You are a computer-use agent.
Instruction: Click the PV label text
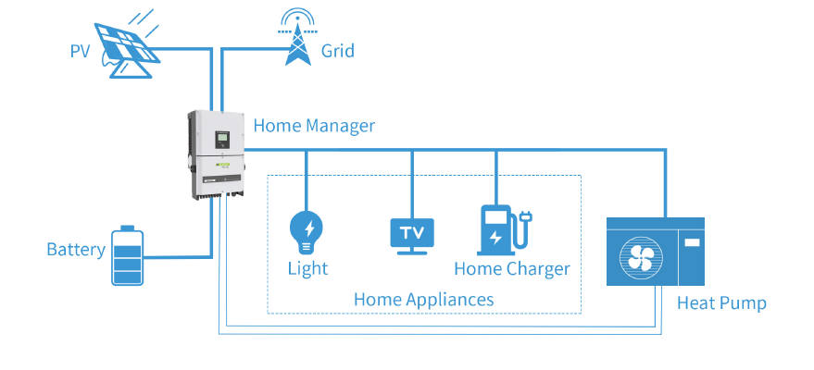(81, 51)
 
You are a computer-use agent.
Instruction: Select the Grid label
(337, 51)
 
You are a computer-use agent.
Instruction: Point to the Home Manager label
(314, 126)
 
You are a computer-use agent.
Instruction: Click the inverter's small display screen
(222, 140)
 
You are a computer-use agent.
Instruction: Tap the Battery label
(75, 250)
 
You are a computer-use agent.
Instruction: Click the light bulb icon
(307, 232)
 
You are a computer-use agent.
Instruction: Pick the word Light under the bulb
(307, 269)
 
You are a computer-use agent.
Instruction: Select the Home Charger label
(511, 269)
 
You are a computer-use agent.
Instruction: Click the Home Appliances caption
(423, 300)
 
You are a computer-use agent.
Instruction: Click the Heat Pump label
(721, 302)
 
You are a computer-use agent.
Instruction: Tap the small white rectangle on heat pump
(691, 243)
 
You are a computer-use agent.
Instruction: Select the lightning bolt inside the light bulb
(307, 227)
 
